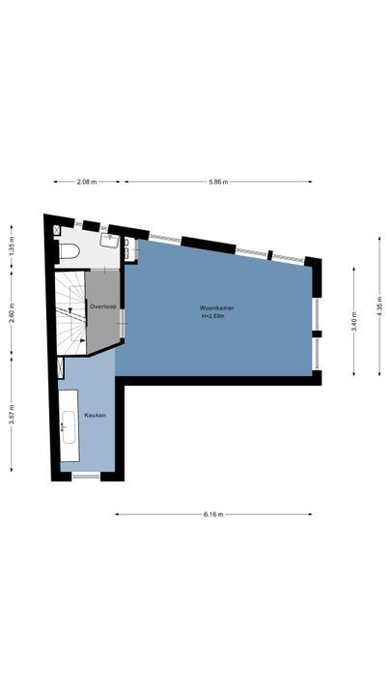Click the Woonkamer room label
(217, 308)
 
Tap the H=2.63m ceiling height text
(217, 316)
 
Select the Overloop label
(102, 305)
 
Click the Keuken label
(95, 415)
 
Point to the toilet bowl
(69, 252)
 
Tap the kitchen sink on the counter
(70, 426)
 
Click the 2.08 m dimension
(87, 181)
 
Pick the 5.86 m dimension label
(218, 181)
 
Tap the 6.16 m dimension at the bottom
(213, 514)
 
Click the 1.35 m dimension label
(12, 245)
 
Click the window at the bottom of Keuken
(86, 476)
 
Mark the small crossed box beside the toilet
(57, 230)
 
